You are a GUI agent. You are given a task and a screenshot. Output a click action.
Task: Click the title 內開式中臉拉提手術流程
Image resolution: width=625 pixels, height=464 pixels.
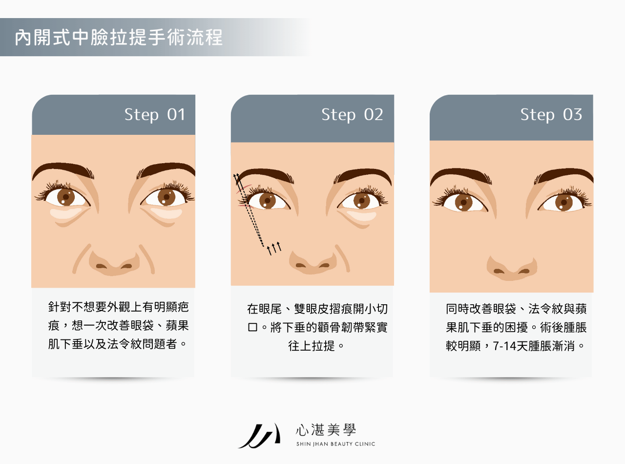pos(119,38)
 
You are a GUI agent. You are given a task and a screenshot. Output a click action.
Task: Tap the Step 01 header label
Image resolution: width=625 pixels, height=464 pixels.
pos(155,115)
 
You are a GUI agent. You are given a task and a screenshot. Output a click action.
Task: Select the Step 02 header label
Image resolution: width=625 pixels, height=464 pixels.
pos(352,115)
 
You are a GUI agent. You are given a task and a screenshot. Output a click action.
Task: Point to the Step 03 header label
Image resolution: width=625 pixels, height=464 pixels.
pos(551,115)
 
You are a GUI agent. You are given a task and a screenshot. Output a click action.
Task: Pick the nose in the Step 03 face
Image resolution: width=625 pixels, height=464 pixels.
pos(511,268)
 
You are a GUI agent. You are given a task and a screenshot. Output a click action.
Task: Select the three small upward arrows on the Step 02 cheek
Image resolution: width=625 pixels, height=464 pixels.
pos(274,248)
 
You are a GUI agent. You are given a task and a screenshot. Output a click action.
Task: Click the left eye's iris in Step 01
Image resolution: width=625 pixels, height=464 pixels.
pos(65,197)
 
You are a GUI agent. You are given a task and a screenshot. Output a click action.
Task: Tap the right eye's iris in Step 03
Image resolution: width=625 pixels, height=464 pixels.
pos(563,201)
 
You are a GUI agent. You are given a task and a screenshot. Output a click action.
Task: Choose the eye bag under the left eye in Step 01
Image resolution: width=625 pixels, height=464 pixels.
pos(66,213)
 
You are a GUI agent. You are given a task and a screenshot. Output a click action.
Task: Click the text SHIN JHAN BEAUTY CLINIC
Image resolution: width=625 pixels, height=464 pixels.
pos(335,444)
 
